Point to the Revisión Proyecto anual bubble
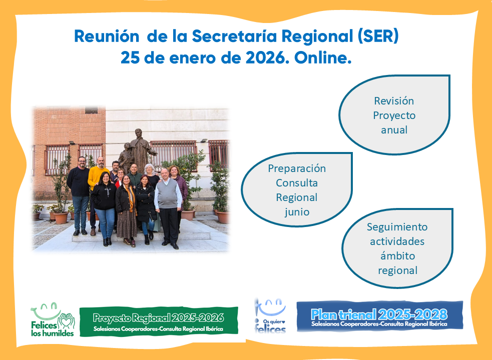394,115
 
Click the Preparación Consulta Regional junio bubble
297,189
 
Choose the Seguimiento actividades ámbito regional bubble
397,248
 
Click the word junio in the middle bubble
297,212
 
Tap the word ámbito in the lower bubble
397,256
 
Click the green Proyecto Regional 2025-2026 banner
159,322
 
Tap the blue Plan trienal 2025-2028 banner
380,316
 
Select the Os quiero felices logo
270,316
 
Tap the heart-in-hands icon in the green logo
67,321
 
